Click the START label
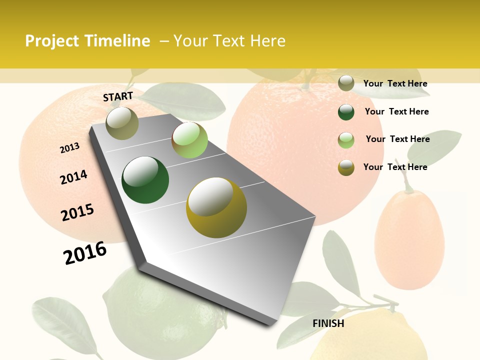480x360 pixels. pos(118,96)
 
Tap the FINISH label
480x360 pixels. pos(328,323)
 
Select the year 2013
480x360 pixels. pos(70,148)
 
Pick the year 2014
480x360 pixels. pos(73,177)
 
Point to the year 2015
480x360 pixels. pos(77,212)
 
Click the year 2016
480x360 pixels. pos(85,252)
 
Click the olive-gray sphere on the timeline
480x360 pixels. pos(122,123)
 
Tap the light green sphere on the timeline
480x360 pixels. pos(189,140)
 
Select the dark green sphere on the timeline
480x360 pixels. pos(145,180)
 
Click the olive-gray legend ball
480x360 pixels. pos(346,83)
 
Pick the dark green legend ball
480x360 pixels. pos(346,112)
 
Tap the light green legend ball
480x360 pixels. pos(346,140)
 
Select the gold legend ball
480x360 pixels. pos(346,167)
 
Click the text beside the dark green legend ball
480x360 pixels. pos(396,111)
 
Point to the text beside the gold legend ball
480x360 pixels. pos(395,167)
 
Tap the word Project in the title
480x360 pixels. pos(52,41)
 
